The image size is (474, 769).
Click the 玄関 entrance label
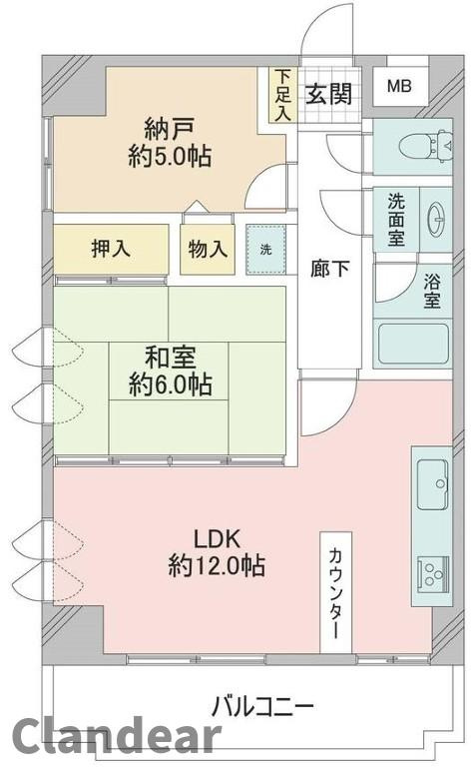(328, 94)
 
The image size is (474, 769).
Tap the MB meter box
(398, 87)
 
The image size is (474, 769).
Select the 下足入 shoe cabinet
(283, 94)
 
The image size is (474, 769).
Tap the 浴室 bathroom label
(431, 293)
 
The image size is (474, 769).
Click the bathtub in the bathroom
(411, 344)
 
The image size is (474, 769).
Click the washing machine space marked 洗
(266, 249)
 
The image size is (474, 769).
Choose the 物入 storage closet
(208, 250)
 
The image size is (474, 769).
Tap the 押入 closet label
(110, 250)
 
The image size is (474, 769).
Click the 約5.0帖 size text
(170, 157)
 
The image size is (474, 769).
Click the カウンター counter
(335, 595)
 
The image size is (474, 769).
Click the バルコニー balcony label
(261, 707)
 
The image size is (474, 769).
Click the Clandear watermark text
(115, 737)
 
